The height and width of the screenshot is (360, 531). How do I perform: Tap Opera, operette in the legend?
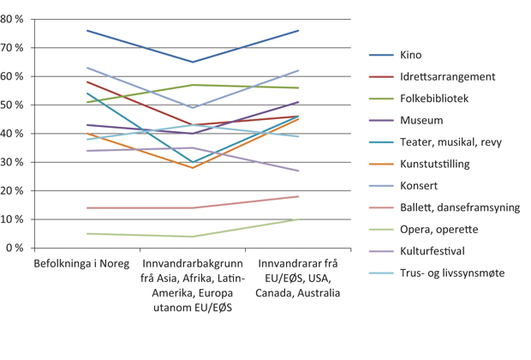tap(438, 230)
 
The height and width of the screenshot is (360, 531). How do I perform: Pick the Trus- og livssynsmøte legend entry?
tap(451, 273)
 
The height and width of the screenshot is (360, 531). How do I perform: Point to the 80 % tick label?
tap(12, 19)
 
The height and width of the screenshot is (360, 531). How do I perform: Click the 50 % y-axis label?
tap(12, 105)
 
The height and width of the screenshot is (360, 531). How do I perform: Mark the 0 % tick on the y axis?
tap(15, 248)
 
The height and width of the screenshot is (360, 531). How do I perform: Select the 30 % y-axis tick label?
tap(12, 162)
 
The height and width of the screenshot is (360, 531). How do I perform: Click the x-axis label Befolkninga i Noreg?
tap(75, 264)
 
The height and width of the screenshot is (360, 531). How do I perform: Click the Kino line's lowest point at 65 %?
tap(193, 62)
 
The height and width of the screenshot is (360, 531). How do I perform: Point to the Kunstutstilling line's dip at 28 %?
tap(193, 167)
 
